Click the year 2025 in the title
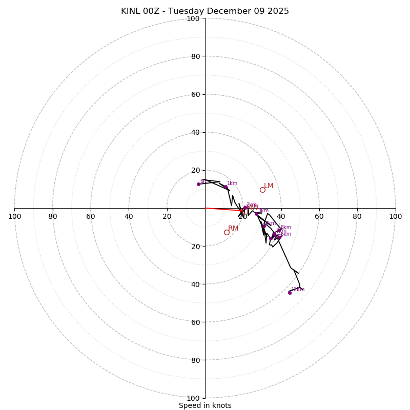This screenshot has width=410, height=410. (x=277, y=11)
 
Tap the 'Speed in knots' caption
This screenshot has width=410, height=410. (x=205, y=405)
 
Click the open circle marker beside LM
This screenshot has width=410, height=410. (x=262, y=190)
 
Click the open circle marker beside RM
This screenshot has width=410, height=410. (x=227, y=232)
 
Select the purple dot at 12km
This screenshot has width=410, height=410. (x=290, y=292)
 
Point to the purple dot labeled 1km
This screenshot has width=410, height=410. (x=225, y=187)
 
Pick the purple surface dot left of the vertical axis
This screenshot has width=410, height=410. (x=198, y=184)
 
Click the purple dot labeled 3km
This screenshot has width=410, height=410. (x=257, y=214)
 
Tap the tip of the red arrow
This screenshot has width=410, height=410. (x=243, y=211)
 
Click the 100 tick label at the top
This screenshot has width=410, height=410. (x=193, y=19)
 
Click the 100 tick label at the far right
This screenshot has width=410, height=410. (x=395, y=216)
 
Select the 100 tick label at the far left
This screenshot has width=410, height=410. (x=15, y=216)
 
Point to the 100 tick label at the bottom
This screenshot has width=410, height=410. (x=193, y=398)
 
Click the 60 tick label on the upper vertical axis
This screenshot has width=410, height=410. (x=195, y=94)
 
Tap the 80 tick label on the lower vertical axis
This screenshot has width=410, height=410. (x=195, y=360)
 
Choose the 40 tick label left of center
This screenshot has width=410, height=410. (x=129, y=216)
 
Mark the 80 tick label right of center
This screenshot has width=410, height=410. (x=357, y=216)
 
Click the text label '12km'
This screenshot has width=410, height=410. (x=298, y=290)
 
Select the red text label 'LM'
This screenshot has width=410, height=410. (x=269, y=186)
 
